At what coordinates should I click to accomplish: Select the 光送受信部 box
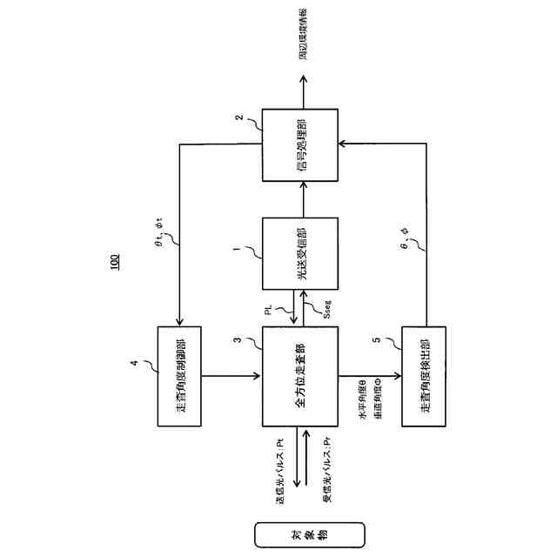(x=301, y=253)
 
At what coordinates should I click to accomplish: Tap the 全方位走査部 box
(x=301, y=377)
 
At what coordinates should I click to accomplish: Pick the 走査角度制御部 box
(x=179, y=377)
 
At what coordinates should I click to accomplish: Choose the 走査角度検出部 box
(x=424, y=377)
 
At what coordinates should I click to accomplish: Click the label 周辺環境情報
(x=302, y=35)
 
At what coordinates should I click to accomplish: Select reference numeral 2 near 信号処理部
(x=238, y=117)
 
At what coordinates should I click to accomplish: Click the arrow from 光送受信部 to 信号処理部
(x=301, y=199)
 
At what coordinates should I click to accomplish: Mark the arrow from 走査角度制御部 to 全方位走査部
(x=232, y=377)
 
